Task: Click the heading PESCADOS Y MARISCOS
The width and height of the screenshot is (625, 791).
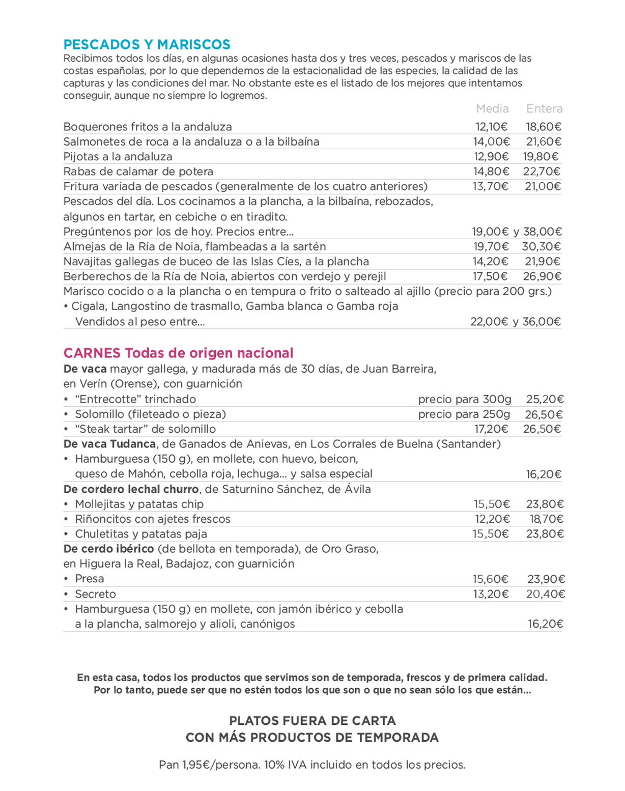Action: [x=147, y=45]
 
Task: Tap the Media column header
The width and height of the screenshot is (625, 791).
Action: [x=492, y=108]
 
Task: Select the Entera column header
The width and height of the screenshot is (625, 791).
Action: [x=544, y=108]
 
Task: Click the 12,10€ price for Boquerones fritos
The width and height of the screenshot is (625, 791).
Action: [x=491, y=127]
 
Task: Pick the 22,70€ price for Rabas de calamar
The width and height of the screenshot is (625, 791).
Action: [x=542, y=172]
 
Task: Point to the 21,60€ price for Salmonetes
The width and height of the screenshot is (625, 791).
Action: [x=544, y=142]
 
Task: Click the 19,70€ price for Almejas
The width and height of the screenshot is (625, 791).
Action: [x=491, y=247]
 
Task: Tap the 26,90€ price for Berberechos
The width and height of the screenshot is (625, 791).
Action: [x=542, y=276]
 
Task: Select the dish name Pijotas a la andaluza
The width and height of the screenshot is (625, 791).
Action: [x=118, y=157]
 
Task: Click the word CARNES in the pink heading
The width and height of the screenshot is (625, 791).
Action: [x=92, y=353]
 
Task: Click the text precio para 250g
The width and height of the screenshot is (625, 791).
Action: [x=464, y=414]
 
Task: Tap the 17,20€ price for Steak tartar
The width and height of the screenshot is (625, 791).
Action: [x=491, y=429]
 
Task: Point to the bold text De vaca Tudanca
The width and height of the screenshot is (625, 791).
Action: [x=109, y=444]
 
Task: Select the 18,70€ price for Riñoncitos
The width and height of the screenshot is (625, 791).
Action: [x=546, y=519]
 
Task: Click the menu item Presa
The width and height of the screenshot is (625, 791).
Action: [x=90, y=579]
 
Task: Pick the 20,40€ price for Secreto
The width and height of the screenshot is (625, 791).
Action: [x=546, y=594]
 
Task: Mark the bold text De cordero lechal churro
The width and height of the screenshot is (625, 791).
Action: [x=131, y=489]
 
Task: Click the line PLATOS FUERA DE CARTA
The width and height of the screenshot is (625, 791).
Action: [x=312, y=721]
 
